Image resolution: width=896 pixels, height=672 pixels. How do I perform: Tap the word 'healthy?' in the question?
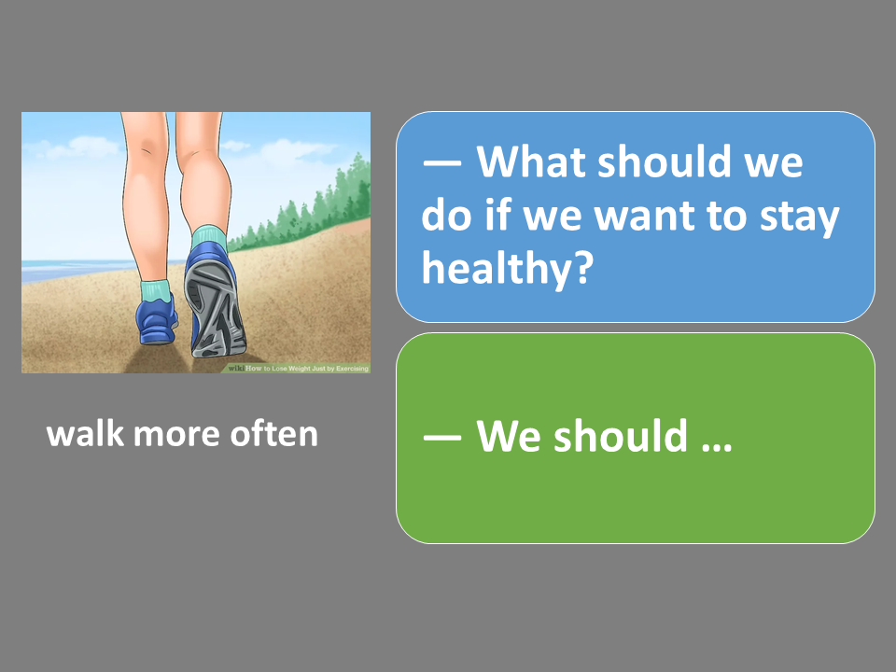[x=508, y=268]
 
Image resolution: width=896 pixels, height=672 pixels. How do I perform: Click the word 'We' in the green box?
[x=509, y=436]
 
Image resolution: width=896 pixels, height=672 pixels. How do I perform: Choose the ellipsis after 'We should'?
[x=717, y=447]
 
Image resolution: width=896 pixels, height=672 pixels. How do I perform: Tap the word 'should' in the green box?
[x=621, y=436]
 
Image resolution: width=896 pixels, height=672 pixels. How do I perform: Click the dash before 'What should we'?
[x=441, y=163]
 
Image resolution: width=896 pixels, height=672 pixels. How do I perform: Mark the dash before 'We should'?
[x=441, y=438]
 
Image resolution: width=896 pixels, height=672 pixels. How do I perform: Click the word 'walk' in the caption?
[x=85, y=434]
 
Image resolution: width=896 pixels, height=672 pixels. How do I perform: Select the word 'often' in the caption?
[x=273, y=434]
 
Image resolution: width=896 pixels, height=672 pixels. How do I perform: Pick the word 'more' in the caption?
[x=176, y=437]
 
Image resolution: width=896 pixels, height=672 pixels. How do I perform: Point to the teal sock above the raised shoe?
[x=208, y=236]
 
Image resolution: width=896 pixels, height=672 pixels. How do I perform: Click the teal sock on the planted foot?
[x=156, y=290]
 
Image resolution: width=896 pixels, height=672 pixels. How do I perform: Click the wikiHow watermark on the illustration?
[x=298, y=369]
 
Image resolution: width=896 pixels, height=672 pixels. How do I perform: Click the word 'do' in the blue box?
[x=446, y=215]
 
